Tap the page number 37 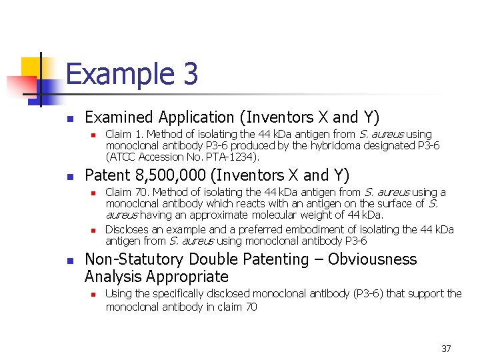click(x=446, y=349)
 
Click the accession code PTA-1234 click(x=234, y=157)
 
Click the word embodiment click(x=317, y=229)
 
